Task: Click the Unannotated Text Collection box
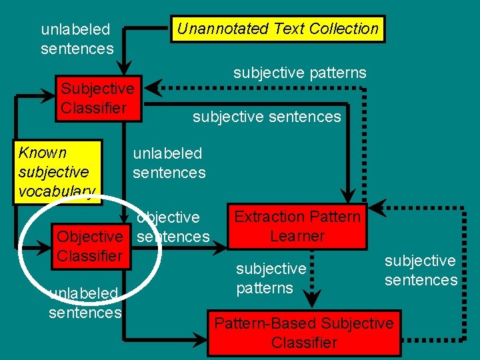[277, 29]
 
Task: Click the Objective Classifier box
[89, 246]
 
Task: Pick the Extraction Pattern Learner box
[297, 227]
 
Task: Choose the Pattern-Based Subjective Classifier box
[304, 333]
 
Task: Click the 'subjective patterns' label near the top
[299, 73]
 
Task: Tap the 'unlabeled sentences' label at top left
[77, 39]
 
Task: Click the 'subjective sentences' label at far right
[421, 270]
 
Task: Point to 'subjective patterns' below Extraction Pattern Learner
[271, 278]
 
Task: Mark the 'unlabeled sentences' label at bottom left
[85, 303]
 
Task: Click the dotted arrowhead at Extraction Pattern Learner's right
[377, 208]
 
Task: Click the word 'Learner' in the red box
[297, 236]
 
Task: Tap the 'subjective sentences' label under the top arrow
[267, 117]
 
